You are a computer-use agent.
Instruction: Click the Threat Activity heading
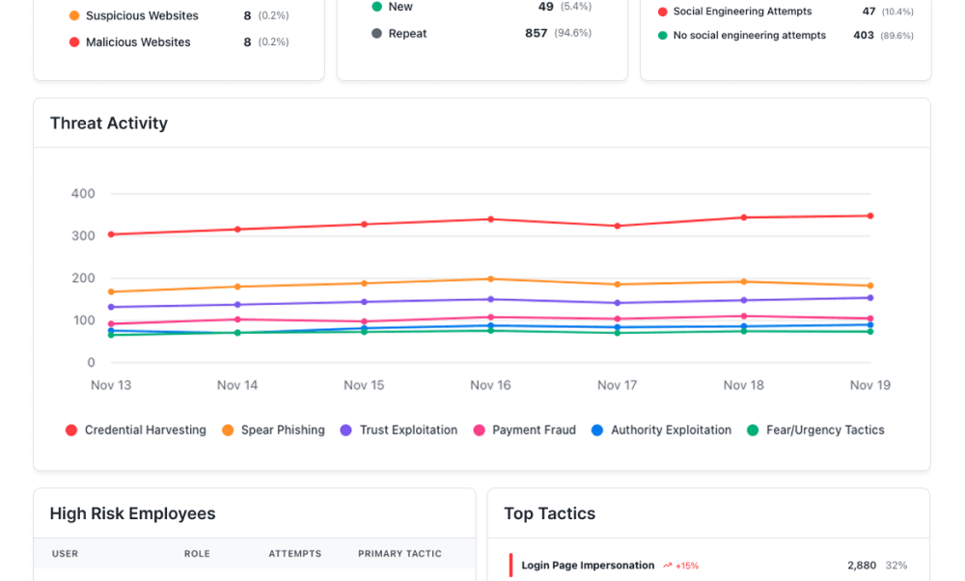pos(108,124)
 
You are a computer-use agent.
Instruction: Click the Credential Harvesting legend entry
pos(135,430)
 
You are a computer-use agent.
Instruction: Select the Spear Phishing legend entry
pos(273,430)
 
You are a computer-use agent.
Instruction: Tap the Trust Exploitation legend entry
pos(399,430)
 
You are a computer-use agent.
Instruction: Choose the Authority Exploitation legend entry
pos(661,430)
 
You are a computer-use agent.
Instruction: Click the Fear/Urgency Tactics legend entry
pos(815,430)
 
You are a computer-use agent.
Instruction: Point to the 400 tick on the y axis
pos(83,194)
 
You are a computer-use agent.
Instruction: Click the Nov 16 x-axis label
pos(490,385)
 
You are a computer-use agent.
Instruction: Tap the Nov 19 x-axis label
pos(869,385)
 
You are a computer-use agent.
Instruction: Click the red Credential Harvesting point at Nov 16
pos(490,219)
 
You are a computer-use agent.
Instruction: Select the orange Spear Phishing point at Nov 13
pos(111,291)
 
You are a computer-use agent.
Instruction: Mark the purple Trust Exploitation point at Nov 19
pos(869,297)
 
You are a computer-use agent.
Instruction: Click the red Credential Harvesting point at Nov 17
pos(617,226)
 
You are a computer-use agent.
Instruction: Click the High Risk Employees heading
pos(132,514)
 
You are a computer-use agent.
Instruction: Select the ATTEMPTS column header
pos(294,554)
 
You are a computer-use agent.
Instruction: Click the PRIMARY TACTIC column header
pos(400,554)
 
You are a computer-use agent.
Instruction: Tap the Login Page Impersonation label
pos(588,566)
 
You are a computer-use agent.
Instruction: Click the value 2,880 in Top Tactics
pos(862,566)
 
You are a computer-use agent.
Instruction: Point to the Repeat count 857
pos(537,34)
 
